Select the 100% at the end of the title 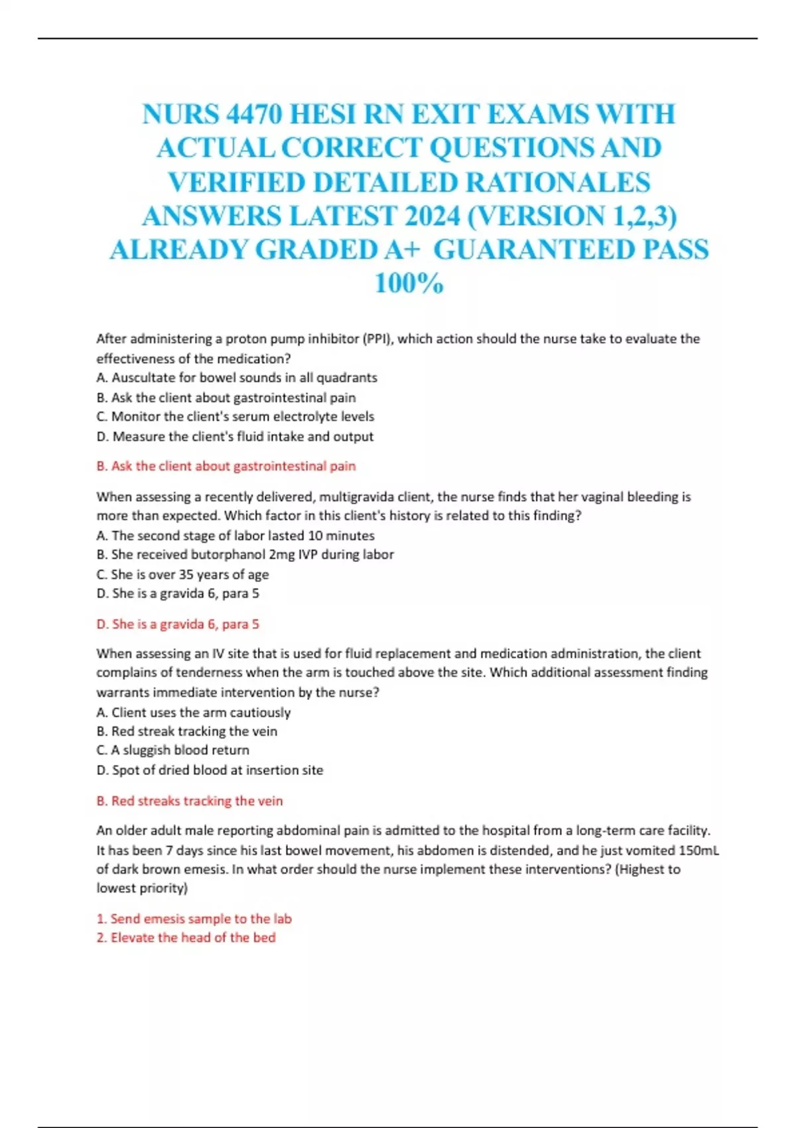pyautogui.click(x=409, y=284)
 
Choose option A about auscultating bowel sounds pyautogui.click(x=237, y=378)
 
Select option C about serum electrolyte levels pyautogui.click(x=235, y=417)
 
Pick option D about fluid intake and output pyautogui.click(x=235, y=437)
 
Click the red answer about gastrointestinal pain pyautogui.click(x=226, y=466)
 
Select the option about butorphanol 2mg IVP pyautogui.click(x=245, y=555)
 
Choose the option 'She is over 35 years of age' pyautogui.click(x=182, y=575)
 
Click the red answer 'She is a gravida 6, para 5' pyautogui.click(x=178, y=624)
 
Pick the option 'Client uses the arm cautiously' pyautogui.click(x=194, y=713)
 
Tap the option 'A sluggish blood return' pyautogui.click(x=173, y=750)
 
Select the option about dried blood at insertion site pyautogui.click(x=210, y=770)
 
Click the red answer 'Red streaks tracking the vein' pyautogui.click(x=190, y=801)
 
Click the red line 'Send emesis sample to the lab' pyautogui.click(x=194, y=919)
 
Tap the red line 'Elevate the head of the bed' pyautogui.click(x=186, y=938)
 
